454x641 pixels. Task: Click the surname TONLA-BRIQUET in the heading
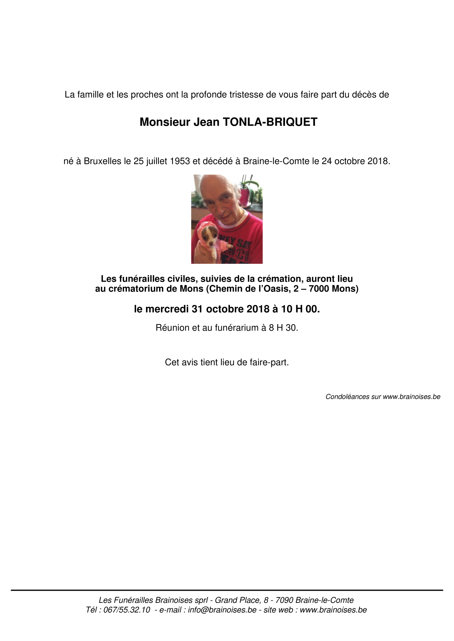270,122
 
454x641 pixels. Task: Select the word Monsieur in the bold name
165,122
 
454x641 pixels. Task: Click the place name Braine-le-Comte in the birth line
276,161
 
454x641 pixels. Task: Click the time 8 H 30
283,328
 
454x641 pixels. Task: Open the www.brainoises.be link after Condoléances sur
411,397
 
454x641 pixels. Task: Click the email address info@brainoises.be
222,610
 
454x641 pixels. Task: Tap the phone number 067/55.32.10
127,610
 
